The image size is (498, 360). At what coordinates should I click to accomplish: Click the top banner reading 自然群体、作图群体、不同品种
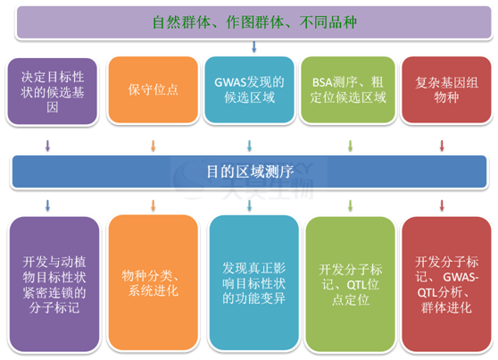[x=254, y=22]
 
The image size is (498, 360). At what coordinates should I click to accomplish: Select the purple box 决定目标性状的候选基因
[x=53, y=91]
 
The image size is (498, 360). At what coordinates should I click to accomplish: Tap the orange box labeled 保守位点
[x=154, y=89]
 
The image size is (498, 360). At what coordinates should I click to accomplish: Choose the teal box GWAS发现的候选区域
[x=249, y=89]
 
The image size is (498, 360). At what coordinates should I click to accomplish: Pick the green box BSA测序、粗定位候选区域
[x=348, y=89]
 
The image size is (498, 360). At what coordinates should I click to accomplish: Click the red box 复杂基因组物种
[x=446, y=89]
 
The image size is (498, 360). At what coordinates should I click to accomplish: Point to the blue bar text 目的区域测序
[x=250, y=172]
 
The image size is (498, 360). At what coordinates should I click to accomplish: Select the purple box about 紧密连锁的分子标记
[x=54, y=284]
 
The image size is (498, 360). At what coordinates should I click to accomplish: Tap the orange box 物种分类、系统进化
[x=154, y=282]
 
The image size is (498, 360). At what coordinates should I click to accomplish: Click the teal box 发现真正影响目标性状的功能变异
[x=254, y=282]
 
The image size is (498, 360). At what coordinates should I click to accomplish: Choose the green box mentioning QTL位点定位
[x=351, y=284]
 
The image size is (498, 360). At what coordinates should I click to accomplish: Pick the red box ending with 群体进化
[x=446, y=284]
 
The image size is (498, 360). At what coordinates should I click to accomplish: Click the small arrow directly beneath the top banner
[x=253, y=46]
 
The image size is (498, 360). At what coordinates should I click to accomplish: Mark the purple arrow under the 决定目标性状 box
[x=47, y=146]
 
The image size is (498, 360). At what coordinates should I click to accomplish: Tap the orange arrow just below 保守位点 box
[x=154, y=146]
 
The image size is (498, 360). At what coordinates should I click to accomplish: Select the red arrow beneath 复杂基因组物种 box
[x=442, y=146]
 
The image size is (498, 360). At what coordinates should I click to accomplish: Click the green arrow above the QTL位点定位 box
[x=351, y=205]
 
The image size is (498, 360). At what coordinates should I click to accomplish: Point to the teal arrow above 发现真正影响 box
[x=249, y=205]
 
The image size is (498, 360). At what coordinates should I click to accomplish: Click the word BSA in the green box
[x=323, y=83]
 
